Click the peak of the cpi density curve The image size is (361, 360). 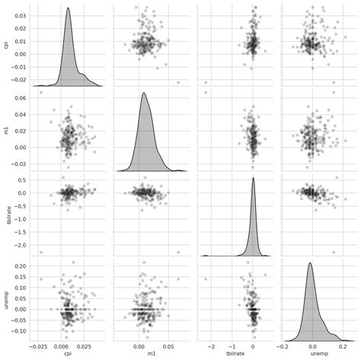pyautogui.click(x=68, y=9)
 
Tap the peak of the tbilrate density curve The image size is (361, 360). pyautogui.click(x=253, y=178)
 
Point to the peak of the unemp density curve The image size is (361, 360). pyautogui.click(x=310, y=263)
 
